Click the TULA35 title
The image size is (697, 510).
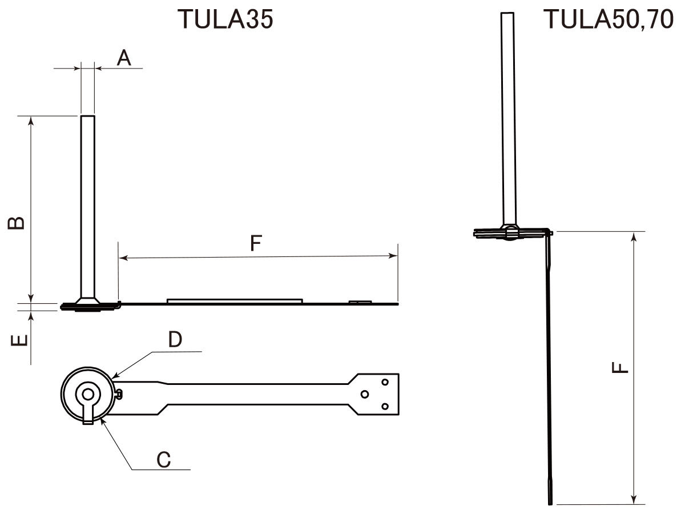click(x=225, y=19)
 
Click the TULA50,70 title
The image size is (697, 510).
click(x=609, y=19)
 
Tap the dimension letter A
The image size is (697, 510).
click(x=124, y=58)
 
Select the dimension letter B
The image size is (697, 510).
click(x=17, y=222)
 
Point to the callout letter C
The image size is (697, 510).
click(x=164, y=460)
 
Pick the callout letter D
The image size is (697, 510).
click(x=175, y=340)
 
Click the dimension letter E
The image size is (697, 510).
click(x=19, y=341)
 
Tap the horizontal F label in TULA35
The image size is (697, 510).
click(x=256, y=244)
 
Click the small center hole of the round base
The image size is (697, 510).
click(x=87, y=393)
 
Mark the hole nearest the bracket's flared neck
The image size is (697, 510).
click(x=365, y=394)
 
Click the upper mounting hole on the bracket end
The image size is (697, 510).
click(x=385, y=382)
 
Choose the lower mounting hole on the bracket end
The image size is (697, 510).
click(x=385, y=406)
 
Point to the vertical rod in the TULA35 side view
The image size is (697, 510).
click(x=87, y=206)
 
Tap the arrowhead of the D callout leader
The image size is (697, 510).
click(x=114, y=377)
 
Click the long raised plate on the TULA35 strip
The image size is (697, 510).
click(x=234, y=300)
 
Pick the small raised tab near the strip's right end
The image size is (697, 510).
click(x=360, y=302)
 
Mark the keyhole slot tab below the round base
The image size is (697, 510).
click(x=87, y=416)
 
